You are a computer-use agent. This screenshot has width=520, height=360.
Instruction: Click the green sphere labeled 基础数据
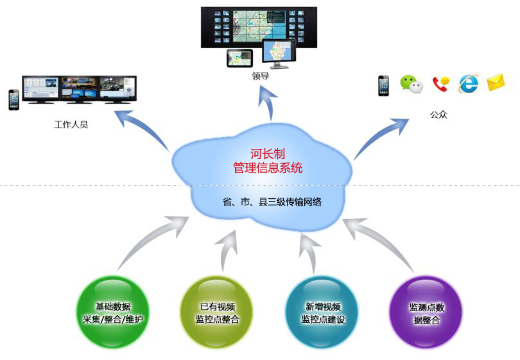pos(113,313)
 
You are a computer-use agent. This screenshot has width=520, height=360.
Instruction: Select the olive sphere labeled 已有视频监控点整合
pos(216,313)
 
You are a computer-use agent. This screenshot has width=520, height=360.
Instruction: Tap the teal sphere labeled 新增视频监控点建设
pos(322,313)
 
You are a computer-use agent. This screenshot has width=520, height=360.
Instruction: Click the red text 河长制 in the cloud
pos(268,154)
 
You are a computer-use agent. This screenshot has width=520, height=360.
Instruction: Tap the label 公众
pos(438,116)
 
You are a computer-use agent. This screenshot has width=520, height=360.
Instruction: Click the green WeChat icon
pos(412,84)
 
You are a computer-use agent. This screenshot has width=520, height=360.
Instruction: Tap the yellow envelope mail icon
pos(496,83)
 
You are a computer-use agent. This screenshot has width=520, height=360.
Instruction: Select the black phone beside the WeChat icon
pos(383,85)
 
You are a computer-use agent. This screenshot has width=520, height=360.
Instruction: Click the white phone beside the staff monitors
pos(13,99)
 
